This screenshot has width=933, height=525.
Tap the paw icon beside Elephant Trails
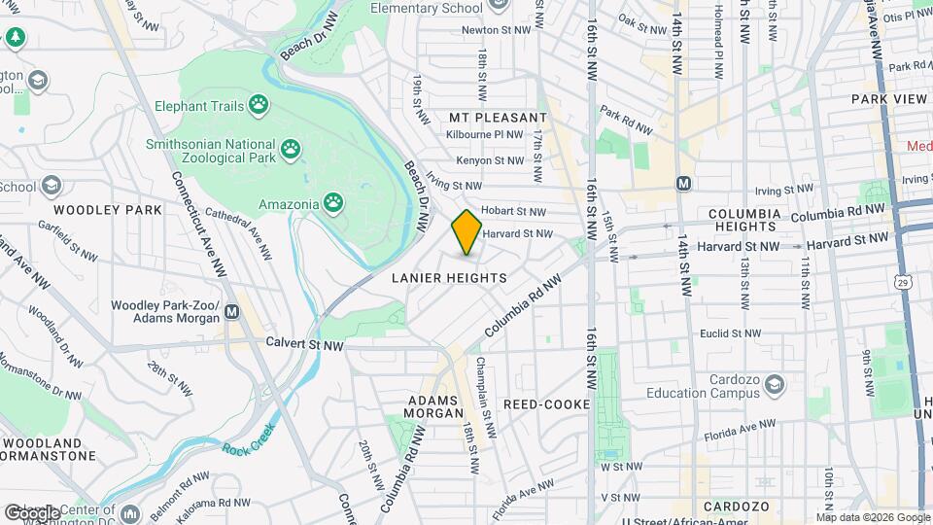point(259,104)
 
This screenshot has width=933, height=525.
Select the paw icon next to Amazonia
point(333,202)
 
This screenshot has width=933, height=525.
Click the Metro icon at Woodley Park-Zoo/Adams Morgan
point(231,312)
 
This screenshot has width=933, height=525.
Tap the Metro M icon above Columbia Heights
point(684,183)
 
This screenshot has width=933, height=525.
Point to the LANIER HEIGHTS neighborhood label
point(449,278)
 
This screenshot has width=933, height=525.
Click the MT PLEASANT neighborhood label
point(498,118)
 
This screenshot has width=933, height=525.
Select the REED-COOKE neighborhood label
point(546,403)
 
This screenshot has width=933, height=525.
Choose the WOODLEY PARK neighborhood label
point(101,210)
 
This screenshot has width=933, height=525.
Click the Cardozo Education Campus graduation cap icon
point(775,386)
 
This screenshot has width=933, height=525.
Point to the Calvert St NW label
point(305,345)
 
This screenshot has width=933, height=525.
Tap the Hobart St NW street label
point(515,210)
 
